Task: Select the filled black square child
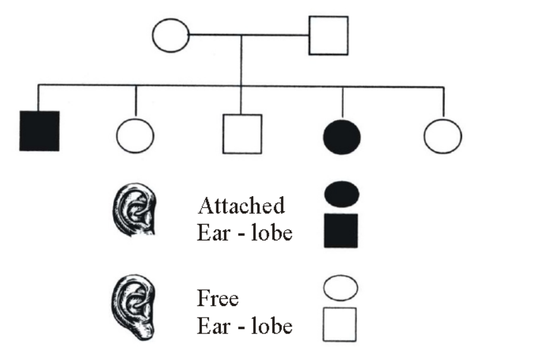[39, 130]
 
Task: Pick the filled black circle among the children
[342, 137]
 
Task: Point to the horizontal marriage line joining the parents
[249, 35]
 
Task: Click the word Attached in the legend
[241, 206]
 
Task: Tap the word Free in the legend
[218, 298]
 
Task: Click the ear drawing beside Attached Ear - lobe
[134, 209]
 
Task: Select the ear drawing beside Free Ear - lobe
[134, 307]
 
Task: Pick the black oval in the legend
[342, 194]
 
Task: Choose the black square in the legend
[341, 231]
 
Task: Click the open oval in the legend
[340, 288]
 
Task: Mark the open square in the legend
[340, 325]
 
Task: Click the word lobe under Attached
[271, 233]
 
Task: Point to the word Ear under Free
[213, 326]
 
